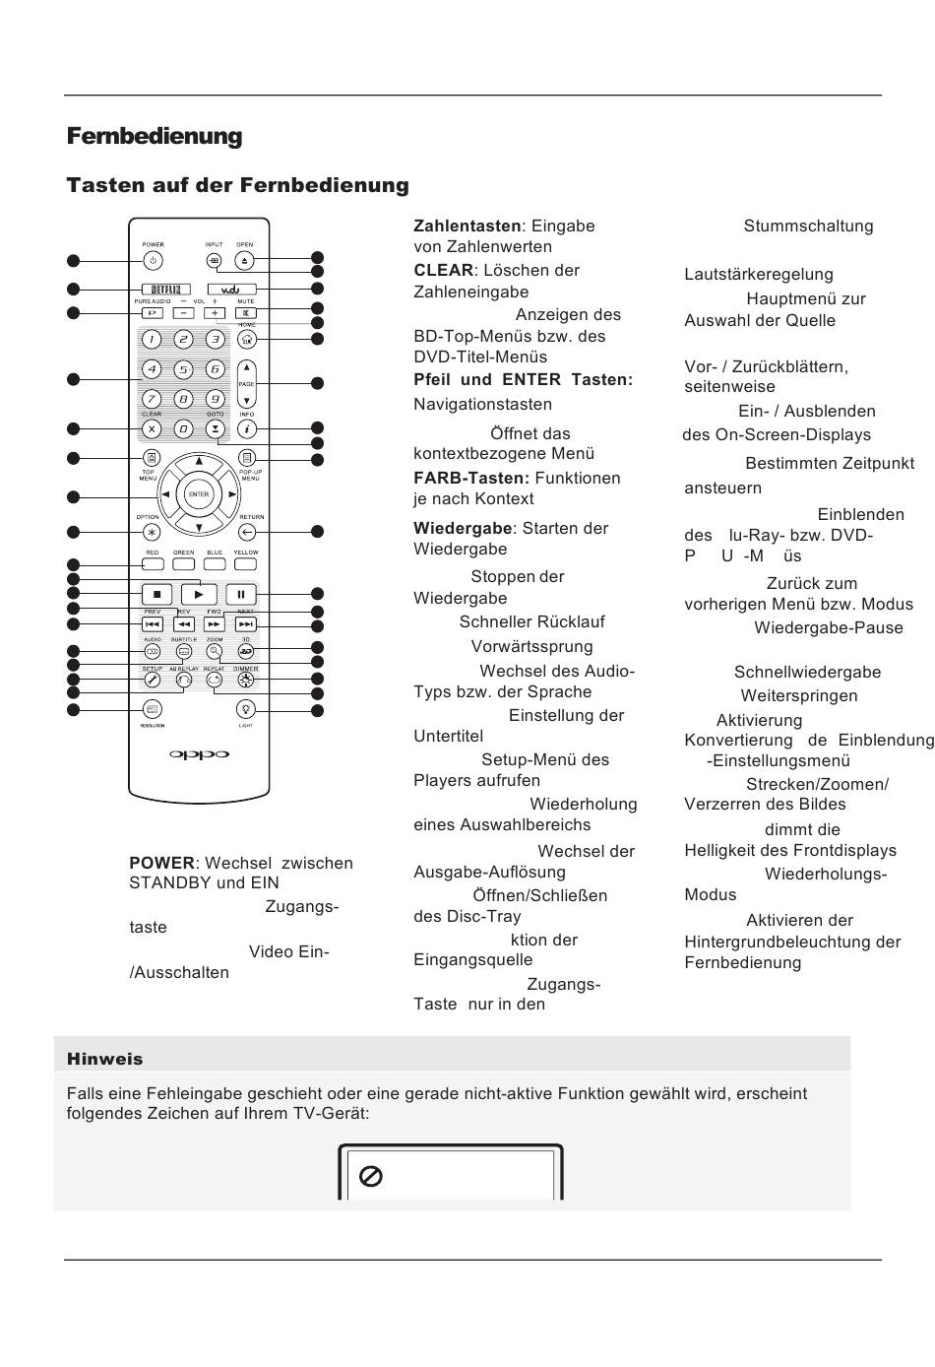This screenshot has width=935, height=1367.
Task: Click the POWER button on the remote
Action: tap(152, 261)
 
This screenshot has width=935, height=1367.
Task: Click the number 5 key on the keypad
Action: tap(183, 369)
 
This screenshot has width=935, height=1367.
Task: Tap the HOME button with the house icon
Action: tap(246, 339)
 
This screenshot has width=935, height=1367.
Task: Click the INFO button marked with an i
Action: tap(246, 428)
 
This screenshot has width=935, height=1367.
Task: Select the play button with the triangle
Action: tap(199, 594)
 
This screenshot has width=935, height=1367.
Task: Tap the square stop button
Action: tap(156, 594)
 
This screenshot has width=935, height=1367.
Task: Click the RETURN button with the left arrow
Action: tap(247, 532)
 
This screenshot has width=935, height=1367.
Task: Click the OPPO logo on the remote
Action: tap(199, 755)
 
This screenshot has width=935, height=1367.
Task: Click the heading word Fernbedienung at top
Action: tap(155, 136)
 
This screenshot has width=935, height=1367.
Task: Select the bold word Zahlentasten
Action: tap(467, 226)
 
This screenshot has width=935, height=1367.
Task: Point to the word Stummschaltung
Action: tap(808, 226)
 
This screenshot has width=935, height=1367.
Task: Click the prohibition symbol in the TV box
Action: tap(371, 1176)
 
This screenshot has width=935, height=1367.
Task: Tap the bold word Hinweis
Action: tap(104, 1059)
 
